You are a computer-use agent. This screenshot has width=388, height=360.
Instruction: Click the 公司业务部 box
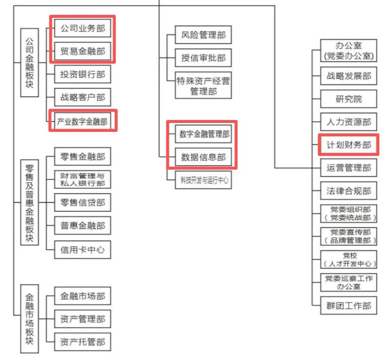point(82,28)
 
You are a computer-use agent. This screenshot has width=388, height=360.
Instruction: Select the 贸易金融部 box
point(82,51)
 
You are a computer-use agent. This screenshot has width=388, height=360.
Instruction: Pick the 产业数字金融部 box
point(82,121)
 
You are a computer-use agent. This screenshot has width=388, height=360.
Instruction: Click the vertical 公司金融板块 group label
point(30,62)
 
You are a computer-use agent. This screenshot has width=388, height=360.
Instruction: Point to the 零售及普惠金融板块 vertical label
point(30,202)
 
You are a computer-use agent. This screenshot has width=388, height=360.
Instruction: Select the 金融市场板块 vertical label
point(30,319)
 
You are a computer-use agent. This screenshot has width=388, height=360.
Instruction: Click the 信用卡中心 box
point(82,250)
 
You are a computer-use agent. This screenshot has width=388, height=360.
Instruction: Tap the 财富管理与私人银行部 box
point(82,179)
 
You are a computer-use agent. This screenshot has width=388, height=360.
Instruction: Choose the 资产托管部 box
point(82,342)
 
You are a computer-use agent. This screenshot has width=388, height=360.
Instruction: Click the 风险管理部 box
point(203,35)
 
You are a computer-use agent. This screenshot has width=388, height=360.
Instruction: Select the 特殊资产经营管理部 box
point(203,86)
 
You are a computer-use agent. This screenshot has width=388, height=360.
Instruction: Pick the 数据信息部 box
point(203,157)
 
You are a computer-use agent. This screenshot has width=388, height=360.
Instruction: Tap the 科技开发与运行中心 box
point(203,180)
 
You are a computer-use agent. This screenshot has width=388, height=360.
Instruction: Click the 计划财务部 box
point(348,144)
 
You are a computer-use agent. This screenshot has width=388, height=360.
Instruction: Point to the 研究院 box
point(348,99)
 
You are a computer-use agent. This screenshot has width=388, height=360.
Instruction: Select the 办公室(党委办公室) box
point(348,51)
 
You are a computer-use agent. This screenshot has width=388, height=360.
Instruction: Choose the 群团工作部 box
point(348,305)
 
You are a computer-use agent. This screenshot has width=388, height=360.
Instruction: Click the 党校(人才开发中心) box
point(348,259)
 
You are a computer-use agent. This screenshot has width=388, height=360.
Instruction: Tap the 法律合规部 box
point(348,191)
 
